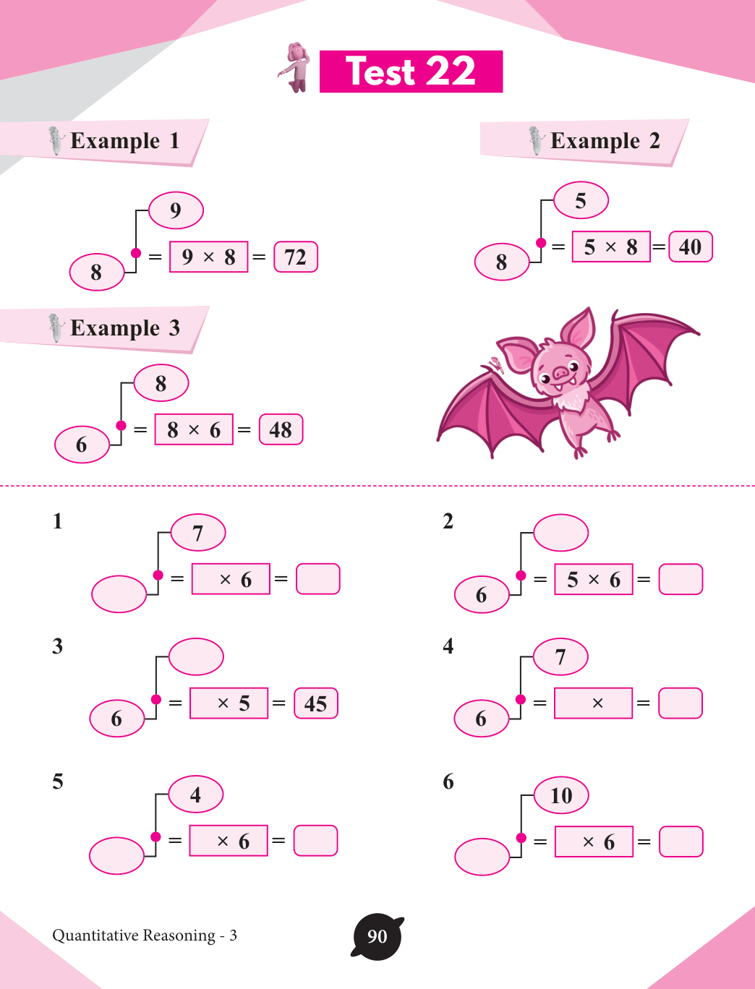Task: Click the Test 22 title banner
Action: click(411, 72)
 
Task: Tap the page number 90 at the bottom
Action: click(377, 936)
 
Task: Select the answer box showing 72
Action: click(296, 257)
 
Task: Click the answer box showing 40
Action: click(691, 247)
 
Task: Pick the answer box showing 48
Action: click(281, 430)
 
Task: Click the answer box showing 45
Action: click(316, 703)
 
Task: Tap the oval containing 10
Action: click(561, 795)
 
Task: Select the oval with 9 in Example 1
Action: click(176, 210)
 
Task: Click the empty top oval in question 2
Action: click(560, 533)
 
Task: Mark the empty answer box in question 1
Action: click(318, 579)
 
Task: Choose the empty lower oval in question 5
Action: click(116, 855)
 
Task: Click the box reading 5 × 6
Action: click(594, 579)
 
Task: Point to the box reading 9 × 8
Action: click(208, 257)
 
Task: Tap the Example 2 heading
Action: click(605, 140)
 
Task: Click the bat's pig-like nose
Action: click(561, 373)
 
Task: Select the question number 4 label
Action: click(448, 646)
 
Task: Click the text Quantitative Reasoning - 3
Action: click(145, 936)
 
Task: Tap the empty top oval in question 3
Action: click(196, 656)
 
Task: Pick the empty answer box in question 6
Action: click(681, 842)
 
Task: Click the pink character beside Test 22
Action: click(296, 67)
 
